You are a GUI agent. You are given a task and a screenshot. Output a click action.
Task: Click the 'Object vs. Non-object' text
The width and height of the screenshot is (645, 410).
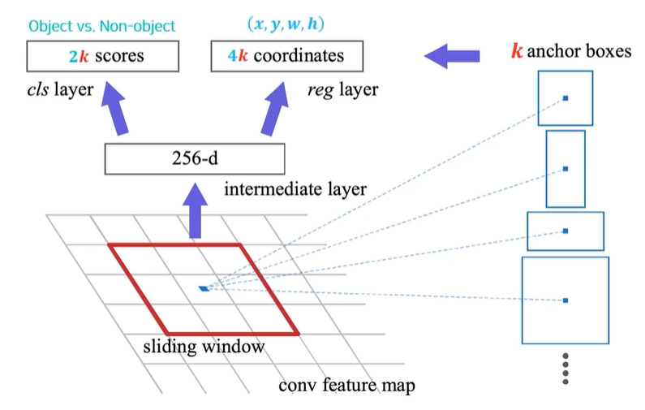click(x=102, y=26)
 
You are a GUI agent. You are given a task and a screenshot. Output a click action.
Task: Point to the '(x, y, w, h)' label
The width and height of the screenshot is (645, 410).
click(x=286, y=24)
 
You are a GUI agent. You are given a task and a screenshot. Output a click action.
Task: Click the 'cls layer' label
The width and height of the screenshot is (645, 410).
click(x=60, y=90)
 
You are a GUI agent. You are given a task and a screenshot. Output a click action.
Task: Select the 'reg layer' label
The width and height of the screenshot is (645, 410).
click(x=343, y=90)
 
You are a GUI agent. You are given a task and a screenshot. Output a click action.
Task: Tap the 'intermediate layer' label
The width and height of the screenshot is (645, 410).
click(x=295, y=189)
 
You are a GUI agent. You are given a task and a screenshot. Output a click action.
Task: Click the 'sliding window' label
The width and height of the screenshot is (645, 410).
click(x=204, y=347)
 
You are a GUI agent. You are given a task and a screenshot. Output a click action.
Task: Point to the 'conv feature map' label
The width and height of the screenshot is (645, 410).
click(x=346, y=386)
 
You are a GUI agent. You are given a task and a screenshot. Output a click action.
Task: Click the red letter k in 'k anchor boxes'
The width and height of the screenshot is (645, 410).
click(x=517, y=51)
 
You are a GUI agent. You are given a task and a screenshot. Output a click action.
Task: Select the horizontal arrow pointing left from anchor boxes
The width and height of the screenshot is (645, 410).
click(x=452, y=56)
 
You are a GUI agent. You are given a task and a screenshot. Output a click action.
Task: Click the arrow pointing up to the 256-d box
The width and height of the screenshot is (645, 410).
click(x=195, y=210)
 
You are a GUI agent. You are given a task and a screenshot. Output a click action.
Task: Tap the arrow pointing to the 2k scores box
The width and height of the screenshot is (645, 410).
click(x=114, y=108)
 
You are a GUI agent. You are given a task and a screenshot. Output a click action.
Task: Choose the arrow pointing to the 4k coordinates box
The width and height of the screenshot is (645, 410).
click(x=275, y=108)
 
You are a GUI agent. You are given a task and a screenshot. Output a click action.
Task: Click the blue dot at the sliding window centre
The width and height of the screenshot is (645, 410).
click(x=204, y=288)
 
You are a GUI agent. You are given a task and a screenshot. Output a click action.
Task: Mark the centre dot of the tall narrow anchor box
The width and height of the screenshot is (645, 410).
click(x=565, y=169)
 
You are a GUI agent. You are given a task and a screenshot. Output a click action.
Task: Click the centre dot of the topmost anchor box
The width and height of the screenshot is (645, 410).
click(x=565, y=98)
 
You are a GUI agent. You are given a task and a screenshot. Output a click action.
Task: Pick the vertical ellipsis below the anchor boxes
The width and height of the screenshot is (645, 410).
click(x=565, y=369)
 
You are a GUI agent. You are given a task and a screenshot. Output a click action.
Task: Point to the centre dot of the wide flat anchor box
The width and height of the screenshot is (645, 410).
click(x=565, y=231)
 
